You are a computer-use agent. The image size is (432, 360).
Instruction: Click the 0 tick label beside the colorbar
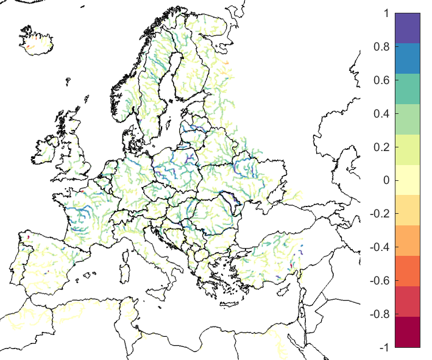click(384, 180)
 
